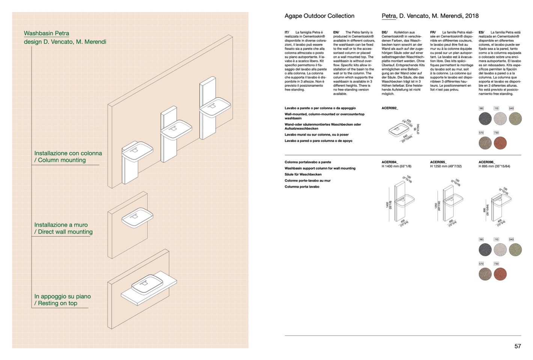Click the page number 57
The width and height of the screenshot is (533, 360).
coord(517,346)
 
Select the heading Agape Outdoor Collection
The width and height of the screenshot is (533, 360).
coord(319,16)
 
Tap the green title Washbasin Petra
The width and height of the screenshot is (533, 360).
coord(47,33)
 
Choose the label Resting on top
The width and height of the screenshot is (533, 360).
coord(57,303)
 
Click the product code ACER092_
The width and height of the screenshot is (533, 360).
coord(390,108)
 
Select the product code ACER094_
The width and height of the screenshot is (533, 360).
coord(390,162)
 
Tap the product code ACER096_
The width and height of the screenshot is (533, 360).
coord(487,162)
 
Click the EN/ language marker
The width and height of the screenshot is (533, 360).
coord(336,33)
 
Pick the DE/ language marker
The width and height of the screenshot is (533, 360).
coord(384,33)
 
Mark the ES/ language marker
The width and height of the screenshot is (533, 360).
coord(481,33)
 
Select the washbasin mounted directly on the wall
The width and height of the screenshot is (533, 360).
coord(137,217)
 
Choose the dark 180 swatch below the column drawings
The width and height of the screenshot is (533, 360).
coord(485,249)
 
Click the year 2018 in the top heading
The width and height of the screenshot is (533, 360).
coord(471,16)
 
